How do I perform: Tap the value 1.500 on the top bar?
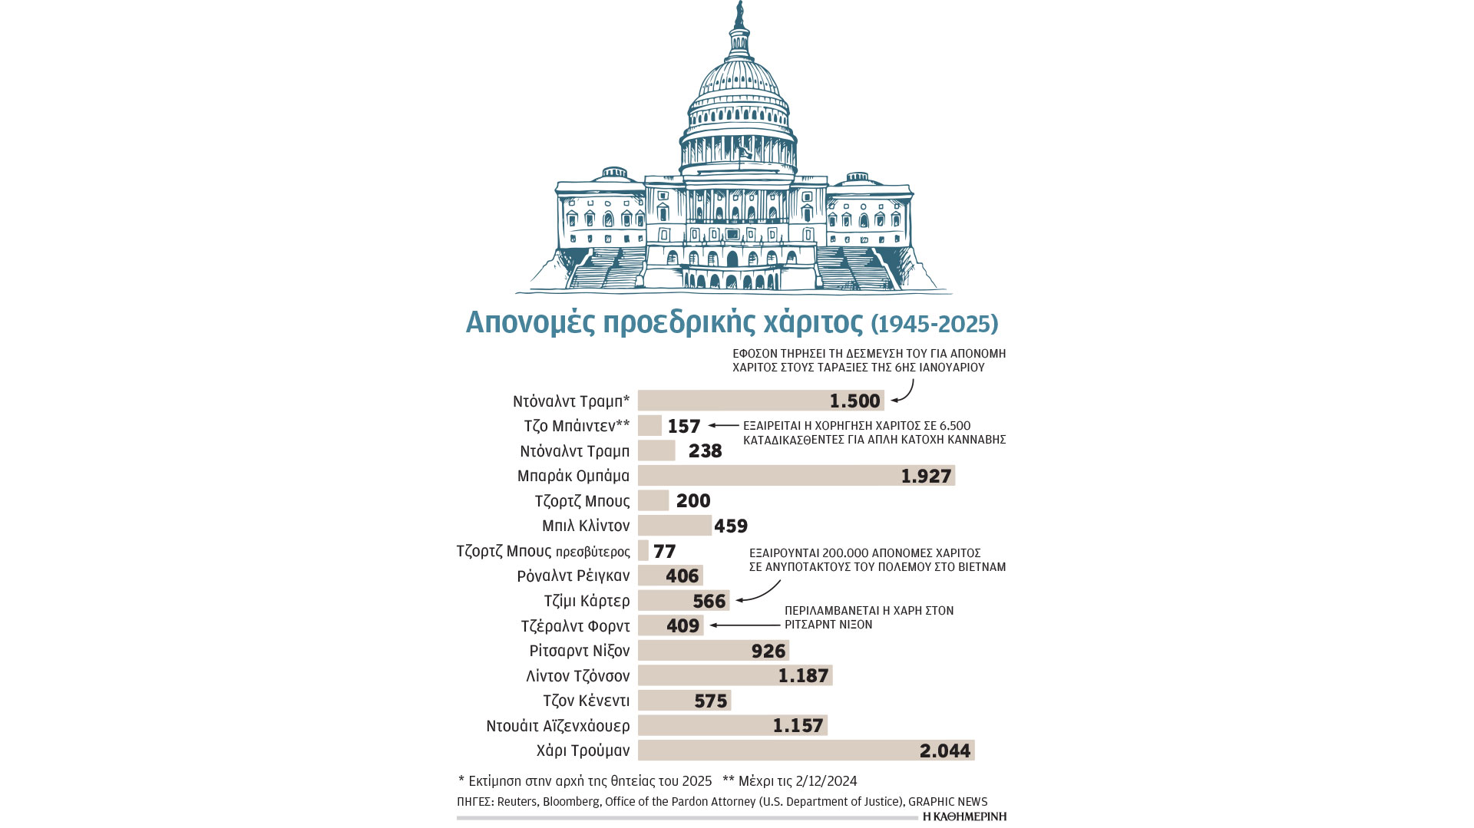point(854,401)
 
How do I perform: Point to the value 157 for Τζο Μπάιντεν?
point(683,426)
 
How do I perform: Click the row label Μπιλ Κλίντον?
point(585,526)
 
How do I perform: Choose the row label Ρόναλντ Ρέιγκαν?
point(573,576)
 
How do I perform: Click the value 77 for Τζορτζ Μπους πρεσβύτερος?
point(664,551)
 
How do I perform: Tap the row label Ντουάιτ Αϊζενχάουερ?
point(557,726)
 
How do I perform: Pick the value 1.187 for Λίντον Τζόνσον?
point(803,676)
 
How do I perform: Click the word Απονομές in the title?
point(530,322)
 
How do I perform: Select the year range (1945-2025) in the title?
point(934,324)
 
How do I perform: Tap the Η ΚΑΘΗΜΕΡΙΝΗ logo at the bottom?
point(964,816)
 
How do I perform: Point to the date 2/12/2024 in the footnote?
point(826,781)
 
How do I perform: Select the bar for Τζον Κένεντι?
point(683,701)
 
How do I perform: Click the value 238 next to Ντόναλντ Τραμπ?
point(705,451)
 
